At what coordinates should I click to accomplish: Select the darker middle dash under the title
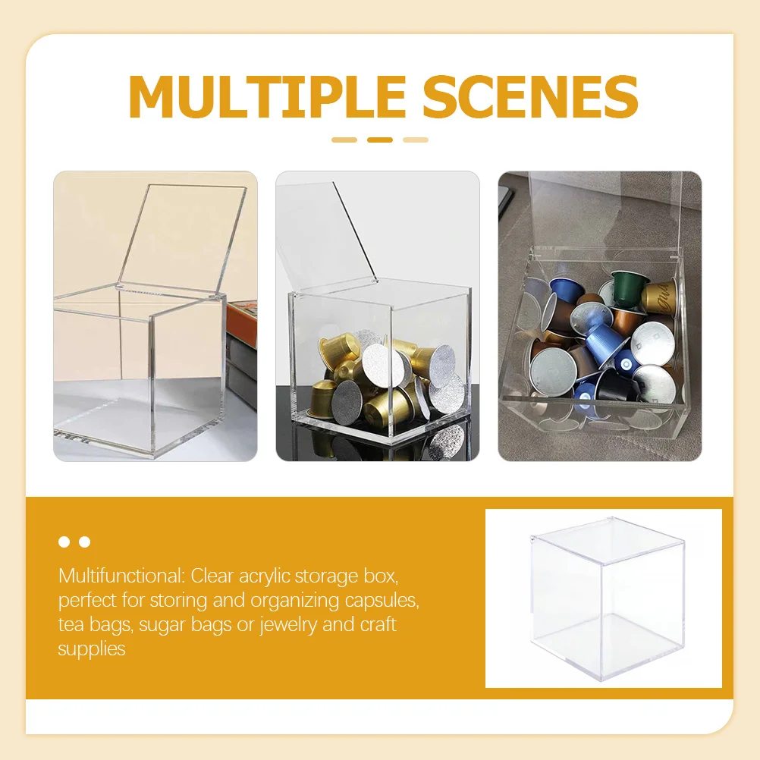coord(379,140)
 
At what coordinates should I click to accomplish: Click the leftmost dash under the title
coord(344,140)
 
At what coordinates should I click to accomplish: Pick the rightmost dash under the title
coord(415,140)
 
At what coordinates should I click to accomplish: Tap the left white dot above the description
coord(64,542)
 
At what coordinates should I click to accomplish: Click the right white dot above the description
coord(84,542)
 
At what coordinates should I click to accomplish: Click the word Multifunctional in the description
coord(121,576)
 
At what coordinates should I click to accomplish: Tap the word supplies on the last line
coord(91,649)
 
